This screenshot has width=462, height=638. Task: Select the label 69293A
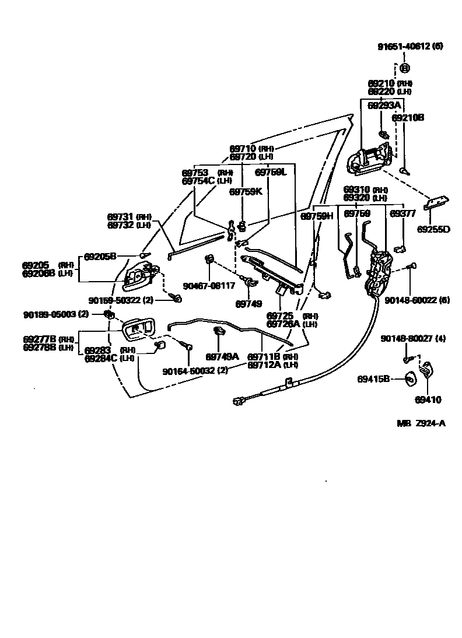coord(384,105)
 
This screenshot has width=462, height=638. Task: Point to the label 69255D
coord(433,229)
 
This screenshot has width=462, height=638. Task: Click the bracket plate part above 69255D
coord(437,201)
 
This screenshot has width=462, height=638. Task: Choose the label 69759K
coord(246,191)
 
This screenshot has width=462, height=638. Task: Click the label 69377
coord(401,213)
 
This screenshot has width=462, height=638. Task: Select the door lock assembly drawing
coord(379,271)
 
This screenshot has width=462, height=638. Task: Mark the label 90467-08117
coord(209,286)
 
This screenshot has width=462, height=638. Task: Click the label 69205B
coord(100,255)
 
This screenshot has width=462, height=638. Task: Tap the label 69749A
coord(222,356)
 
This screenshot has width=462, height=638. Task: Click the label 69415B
coord(373,379)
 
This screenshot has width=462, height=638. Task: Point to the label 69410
coord(428,399)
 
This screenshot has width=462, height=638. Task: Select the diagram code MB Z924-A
coord(422,423)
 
